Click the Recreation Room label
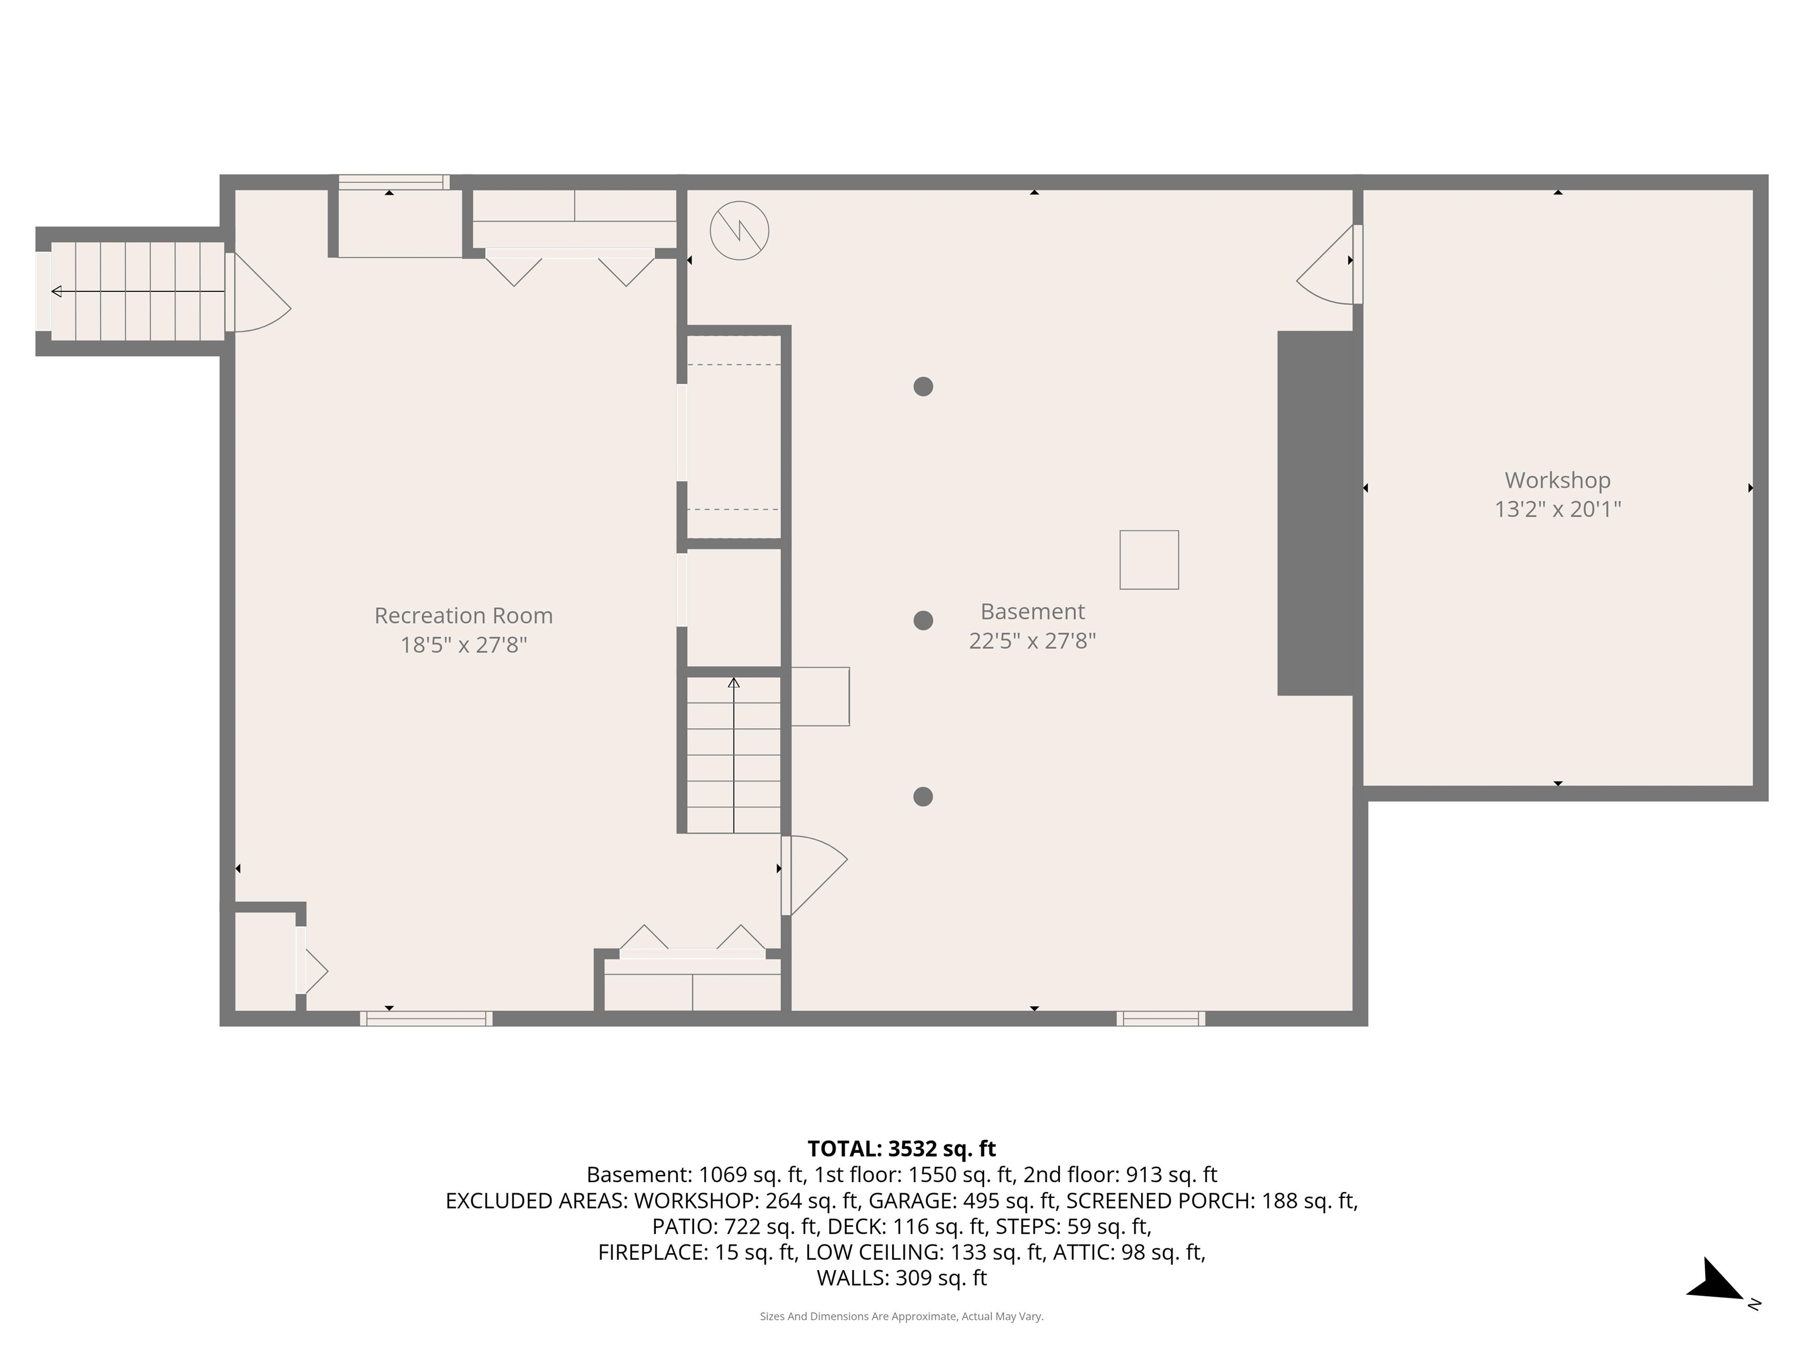click(x=463, y=616)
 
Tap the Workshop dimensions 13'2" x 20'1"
click(x=1557, y=509)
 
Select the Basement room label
click(x=1032, y=612)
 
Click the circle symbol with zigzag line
click(x=739, y=231)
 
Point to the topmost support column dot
click(x=923, y=386)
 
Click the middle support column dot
click(x=923, y=621)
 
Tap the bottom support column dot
click(x=923, y=797)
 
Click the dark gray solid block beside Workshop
click(x=1315, y=513)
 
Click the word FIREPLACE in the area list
click(x=652, y=1252)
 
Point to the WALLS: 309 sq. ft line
click(x=901, y=1278)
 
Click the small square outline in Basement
click(x=1148, y=560)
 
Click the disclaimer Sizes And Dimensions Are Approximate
click(x=901, y=1317)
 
